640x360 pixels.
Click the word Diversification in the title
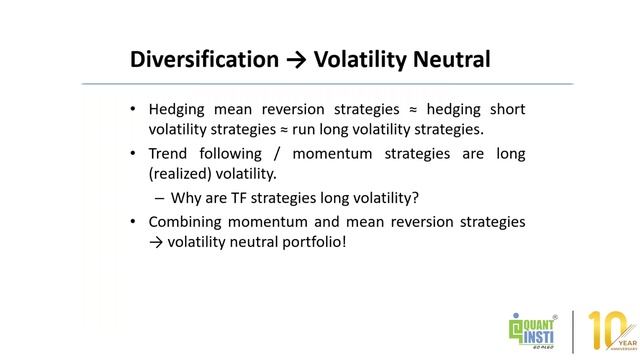(204, 60)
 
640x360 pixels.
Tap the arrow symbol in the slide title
(296, 60)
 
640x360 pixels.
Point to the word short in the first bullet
(506, 109)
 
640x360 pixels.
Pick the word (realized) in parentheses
(185, 174)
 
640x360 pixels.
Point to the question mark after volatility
(416, 197)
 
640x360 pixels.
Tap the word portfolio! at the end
(314, 241)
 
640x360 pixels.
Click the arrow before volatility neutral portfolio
(156, 241)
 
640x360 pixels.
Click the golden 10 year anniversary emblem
(611, 331)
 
